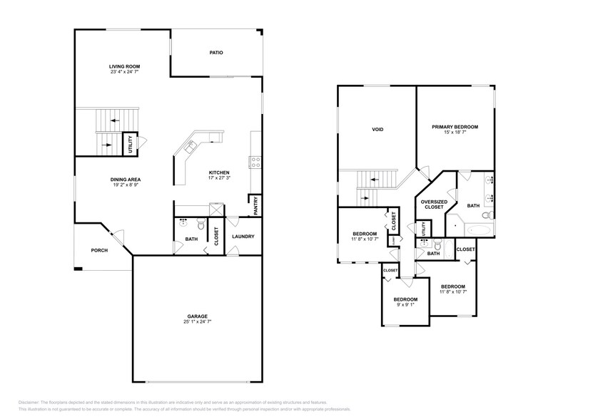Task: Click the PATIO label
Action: (216, 52)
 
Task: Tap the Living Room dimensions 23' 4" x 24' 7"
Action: (124, 72)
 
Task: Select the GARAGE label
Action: (198, 316)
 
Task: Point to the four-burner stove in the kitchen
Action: (254, 161)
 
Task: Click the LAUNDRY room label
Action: (243, 237)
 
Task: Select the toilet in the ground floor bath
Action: (201, 225)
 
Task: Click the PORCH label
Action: (98, 250)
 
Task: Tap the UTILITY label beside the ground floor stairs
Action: (130, 145)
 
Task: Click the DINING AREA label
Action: (124, 180)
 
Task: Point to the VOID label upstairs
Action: (377, 130)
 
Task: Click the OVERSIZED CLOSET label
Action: (434, 204)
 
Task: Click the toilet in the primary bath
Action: (486, 214)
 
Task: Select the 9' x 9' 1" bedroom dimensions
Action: (405, 304)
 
